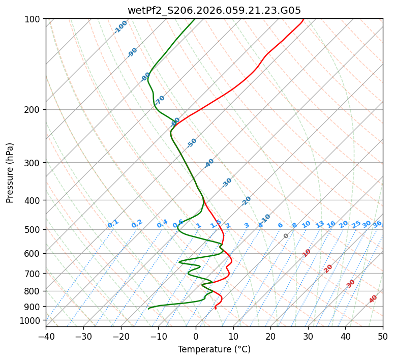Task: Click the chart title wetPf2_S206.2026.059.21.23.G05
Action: pyautogui.click(x=214, y=10)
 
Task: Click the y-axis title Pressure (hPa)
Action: pyautogui.click(x=10, y=172)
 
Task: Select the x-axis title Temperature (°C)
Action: pyautogui.click(x=214, y=349)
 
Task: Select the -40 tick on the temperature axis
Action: pyautogui.click(x=46, y=336)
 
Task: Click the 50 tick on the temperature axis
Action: pyautogui.click(x=383, y=336)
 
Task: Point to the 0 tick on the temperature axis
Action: pyautogui.click(x=196, y=336)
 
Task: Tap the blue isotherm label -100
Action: pyautogui.click(x=120, y=27)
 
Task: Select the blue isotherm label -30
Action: pyautogui.click(x=227, y=183)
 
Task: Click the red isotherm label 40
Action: pyautogui.click(x=373, y=299)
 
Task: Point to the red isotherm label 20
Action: pyautogui.click(x=328, y=268)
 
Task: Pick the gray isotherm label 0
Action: pyautogui.click(x=286, y=236)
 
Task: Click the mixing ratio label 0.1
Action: pyautogui.click(x=113, y=224)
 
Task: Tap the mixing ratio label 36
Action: pyautogui.click(x=377, y=224)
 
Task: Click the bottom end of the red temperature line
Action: pyautogui.click(x=216, y=308)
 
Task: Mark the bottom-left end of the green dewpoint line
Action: pyautogui.click(x=148, y=309)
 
